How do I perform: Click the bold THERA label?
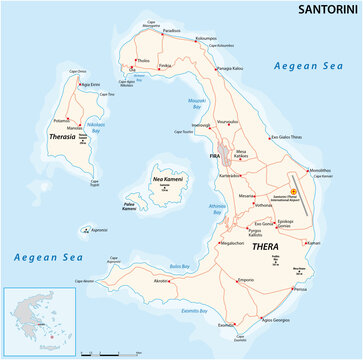tap(236, 245)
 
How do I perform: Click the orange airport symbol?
tap(293, 192)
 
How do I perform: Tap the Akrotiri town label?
tap(161, 282)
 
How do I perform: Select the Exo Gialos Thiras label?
tap(288, 136)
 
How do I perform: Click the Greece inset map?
tap(40, 320)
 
